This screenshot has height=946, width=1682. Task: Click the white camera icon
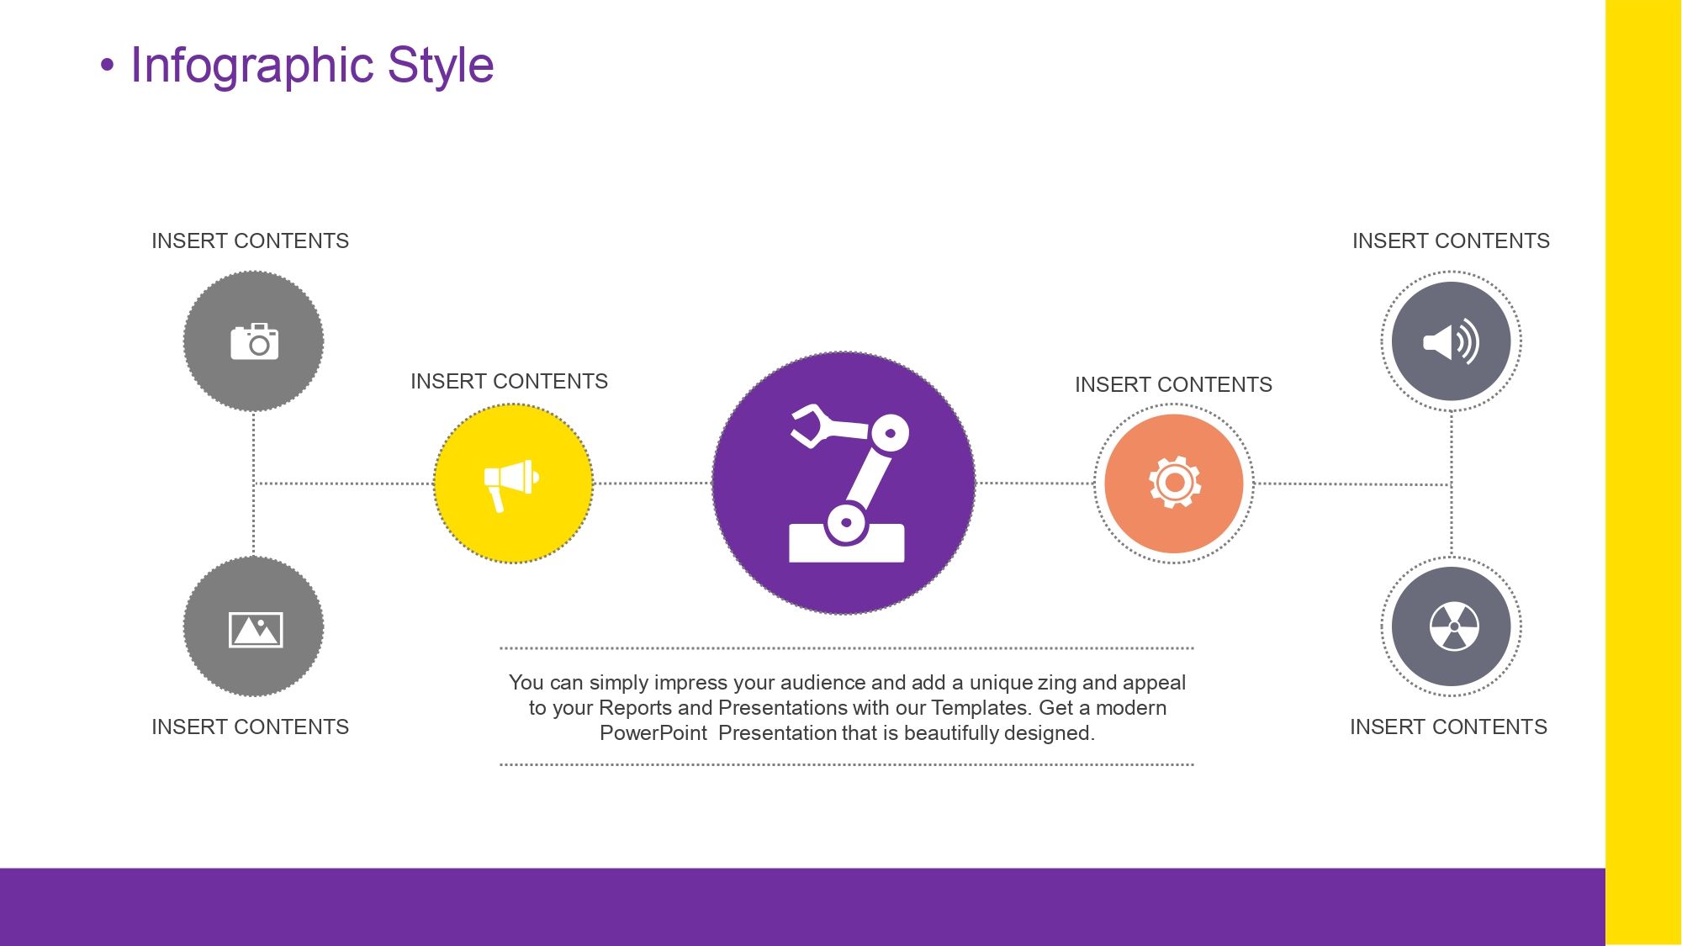point(254,341)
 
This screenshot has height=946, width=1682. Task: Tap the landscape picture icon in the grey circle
point(256,630)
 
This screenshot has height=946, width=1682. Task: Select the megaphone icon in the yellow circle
point(511,484)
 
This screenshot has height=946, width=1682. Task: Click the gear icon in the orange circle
point(1175,482)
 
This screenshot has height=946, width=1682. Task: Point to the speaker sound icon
point(1451,341)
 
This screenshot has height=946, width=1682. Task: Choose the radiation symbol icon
point(1454,626)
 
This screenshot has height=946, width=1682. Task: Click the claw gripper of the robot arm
point(812,425)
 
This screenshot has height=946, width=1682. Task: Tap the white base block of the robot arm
point(847,543)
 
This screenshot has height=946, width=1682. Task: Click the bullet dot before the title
point(107,66)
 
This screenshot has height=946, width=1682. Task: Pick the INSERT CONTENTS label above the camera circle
point(250,241)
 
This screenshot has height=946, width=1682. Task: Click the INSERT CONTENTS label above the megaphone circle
point(509,382)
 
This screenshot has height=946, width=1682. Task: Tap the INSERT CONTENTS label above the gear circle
point(1173,385)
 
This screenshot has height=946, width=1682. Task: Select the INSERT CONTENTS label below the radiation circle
point(1448,727)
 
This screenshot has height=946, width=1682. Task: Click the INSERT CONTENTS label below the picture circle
point(250,727)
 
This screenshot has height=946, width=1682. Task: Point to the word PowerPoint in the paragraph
point(653,733)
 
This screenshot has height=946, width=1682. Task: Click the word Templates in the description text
point(981,708)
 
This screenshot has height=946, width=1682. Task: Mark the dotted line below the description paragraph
point(847,764)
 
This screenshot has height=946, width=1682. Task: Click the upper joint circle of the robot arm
point(890,434)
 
